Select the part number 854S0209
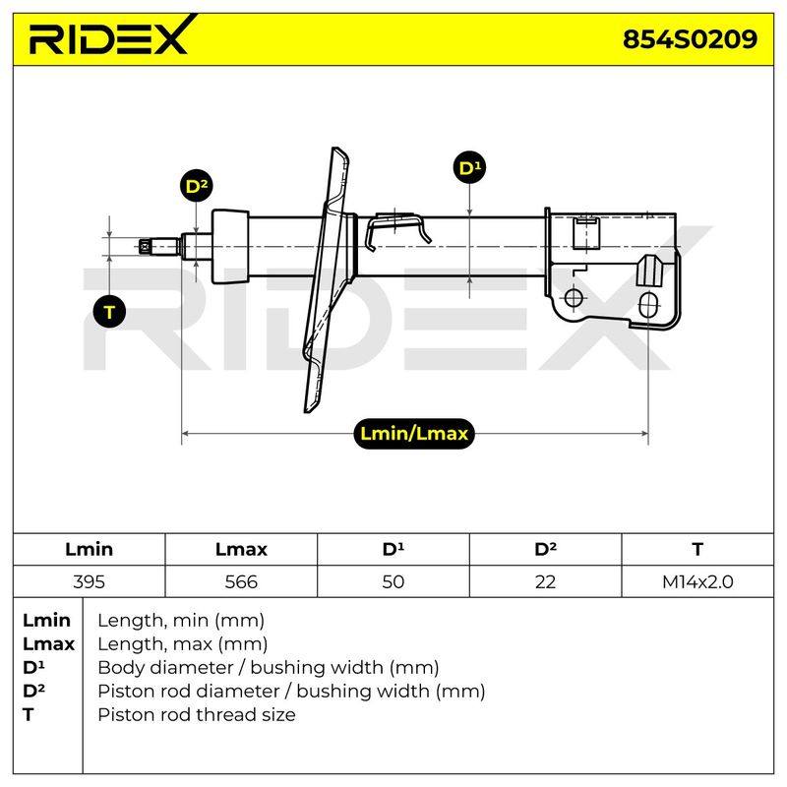pos(690,38)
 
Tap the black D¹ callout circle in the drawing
pos(470,167)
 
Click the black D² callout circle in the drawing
pos(196,186)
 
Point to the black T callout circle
pos(110,312)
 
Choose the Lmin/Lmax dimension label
pos(414,434)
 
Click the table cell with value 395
pos(89,581)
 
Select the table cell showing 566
pos(241,581)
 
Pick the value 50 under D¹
pos(393,581)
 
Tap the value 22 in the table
pos(545,581)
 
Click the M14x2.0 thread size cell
pos(697,581)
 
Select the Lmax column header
pos(241,550)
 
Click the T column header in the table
pos(697,550)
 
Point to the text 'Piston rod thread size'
pos(196,714)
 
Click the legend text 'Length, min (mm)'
pos(181,621)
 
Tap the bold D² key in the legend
pos(33,691)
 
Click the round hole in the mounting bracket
pos(574,298)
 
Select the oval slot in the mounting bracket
pos(648,305)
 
